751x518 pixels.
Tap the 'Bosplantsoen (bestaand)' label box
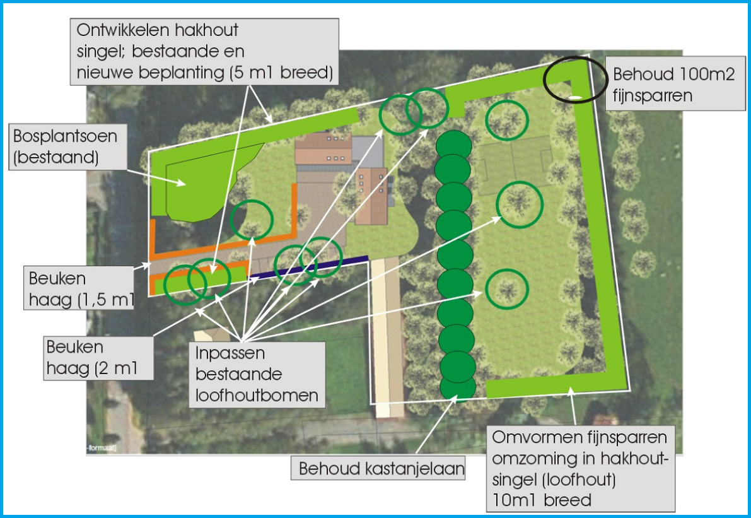(65, 146)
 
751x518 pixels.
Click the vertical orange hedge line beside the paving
(294, 208)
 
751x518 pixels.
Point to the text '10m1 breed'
(541, 500)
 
